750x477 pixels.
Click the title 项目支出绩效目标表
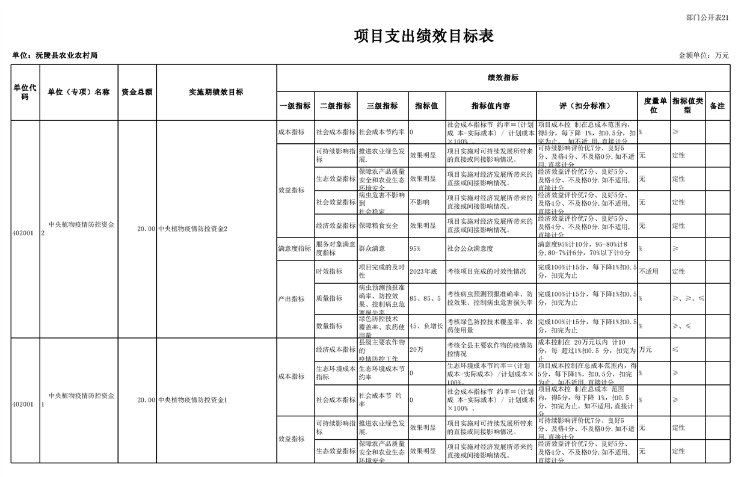point(423,36)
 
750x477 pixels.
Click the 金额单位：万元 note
point(704,55)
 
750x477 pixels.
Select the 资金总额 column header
point(137,92)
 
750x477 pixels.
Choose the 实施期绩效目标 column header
point(216,92)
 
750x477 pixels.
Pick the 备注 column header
point(717,106)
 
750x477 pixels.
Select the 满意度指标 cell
point(295,248)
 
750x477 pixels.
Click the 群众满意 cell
point(372,248)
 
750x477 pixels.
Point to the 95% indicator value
point(415,248)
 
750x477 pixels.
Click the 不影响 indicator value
point(420,202)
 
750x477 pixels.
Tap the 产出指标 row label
point(291,299)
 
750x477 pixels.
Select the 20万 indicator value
point(416,349)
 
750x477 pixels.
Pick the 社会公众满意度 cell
point(470,248)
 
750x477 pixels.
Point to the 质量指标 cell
point(329,298)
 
